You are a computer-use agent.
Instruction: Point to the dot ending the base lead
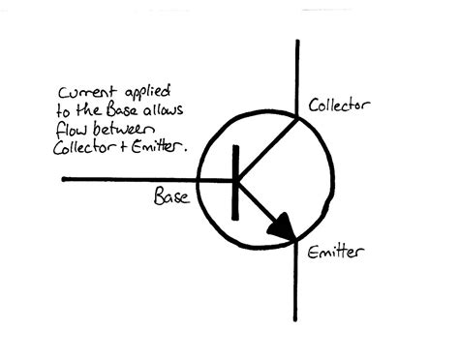(64, 179)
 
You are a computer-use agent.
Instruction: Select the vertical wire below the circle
(296, 290)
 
